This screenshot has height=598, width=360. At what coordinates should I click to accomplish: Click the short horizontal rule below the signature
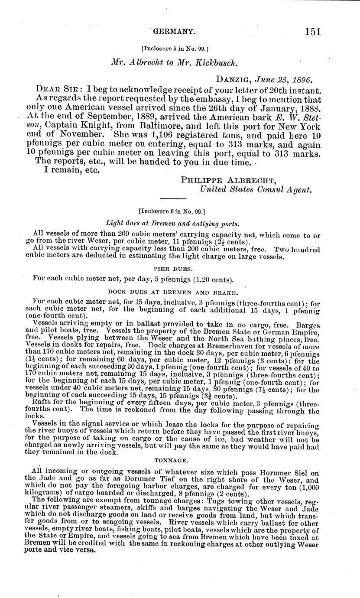point(171,198)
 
